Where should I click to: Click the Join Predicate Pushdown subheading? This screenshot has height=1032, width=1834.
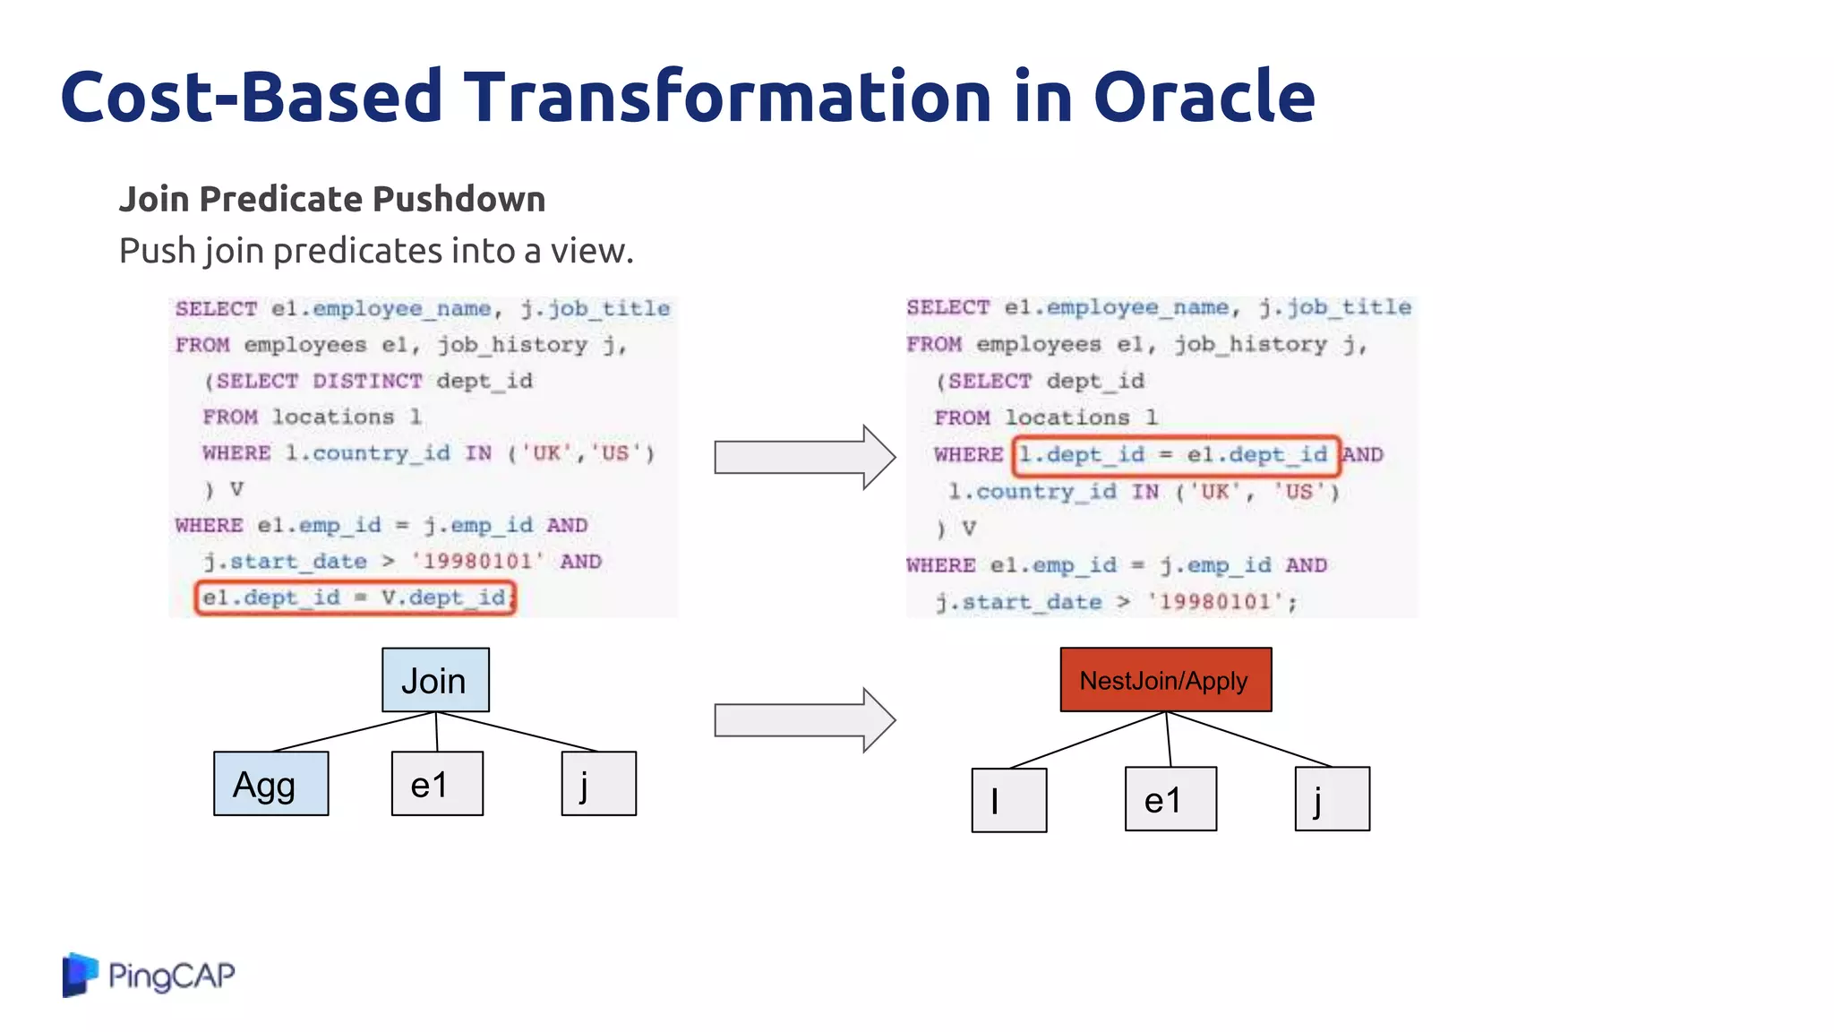[332, 199]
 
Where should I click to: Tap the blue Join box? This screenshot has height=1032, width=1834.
[435, 680]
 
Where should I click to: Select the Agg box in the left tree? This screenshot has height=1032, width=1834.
[270, 784]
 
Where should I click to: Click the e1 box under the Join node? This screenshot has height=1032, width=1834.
[437, 784]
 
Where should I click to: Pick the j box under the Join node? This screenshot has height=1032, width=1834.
[598, 784]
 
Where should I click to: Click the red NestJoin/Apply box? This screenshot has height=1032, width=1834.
[1165, 680]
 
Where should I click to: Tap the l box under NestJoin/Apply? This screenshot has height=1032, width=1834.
[1008, 800]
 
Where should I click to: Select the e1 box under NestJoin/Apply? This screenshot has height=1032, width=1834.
[1170, 799]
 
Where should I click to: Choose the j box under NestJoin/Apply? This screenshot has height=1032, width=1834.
[1332, 799]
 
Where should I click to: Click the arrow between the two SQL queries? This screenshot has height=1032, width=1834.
[803, 457]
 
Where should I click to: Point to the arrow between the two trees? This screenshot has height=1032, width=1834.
[803, 720]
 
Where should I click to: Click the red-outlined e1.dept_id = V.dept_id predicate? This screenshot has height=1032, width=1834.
[355, 598]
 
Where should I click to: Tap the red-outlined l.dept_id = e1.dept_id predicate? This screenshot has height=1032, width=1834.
[1175, 455]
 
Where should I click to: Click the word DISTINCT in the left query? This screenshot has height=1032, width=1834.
[367, 381]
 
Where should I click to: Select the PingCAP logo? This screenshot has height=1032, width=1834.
[149, 975]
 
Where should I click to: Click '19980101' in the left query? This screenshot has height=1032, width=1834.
[477, 562]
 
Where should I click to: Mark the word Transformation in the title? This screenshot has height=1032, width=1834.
[727, 96]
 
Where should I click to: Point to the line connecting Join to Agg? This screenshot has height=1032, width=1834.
[353, 732]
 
